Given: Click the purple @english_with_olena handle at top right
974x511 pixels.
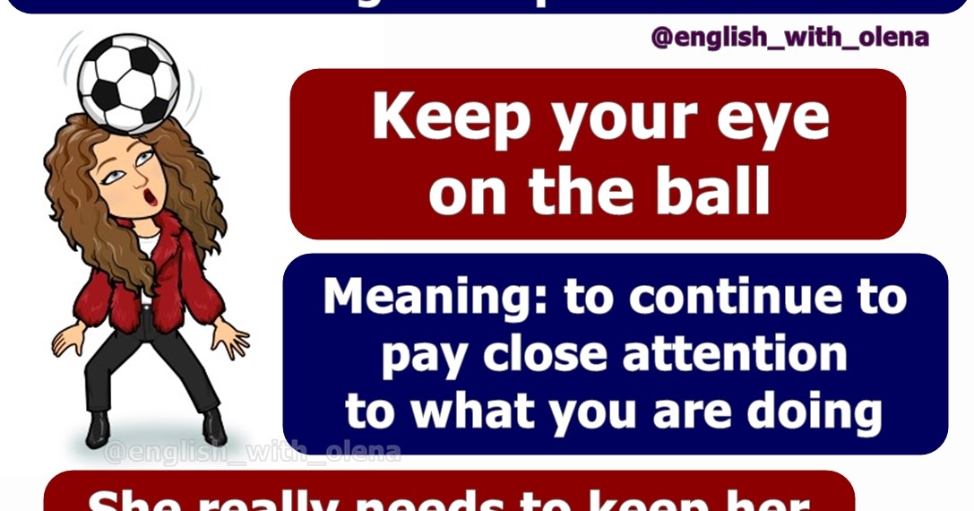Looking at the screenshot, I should [789, 38].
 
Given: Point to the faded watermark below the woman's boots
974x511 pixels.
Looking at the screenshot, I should [252, 453].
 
